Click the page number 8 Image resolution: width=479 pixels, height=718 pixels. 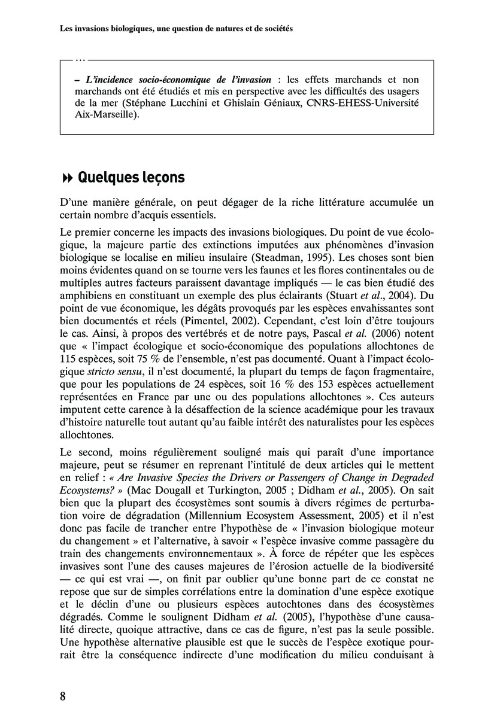click(63, 696)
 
